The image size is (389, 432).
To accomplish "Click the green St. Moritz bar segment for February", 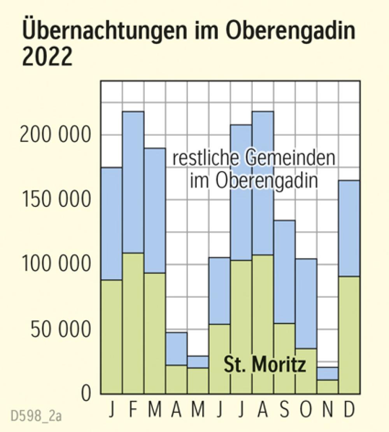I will coord(133,323).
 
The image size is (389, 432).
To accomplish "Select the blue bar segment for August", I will coord(262,183).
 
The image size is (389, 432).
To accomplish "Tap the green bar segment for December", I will coord(349,334).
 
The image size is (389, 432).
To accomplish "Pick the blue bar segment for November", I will coord(327,373).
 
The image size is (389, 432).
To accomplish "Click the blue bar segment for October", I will coord(306,303).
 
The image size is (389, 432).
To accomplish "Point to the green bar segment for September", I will coord(284,358).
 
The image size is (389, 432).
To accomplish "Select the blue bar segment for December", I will coord(349,228).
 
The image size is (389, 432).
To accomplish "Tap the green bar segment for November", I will coord(327,387).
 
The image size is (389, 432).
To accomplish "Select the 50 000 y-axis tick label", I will coord(58,330).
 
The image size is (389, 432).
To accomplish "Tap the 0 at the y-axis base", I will coord(86,394).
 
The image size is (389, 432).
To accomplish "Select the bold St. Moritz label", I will coord(265,366).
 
